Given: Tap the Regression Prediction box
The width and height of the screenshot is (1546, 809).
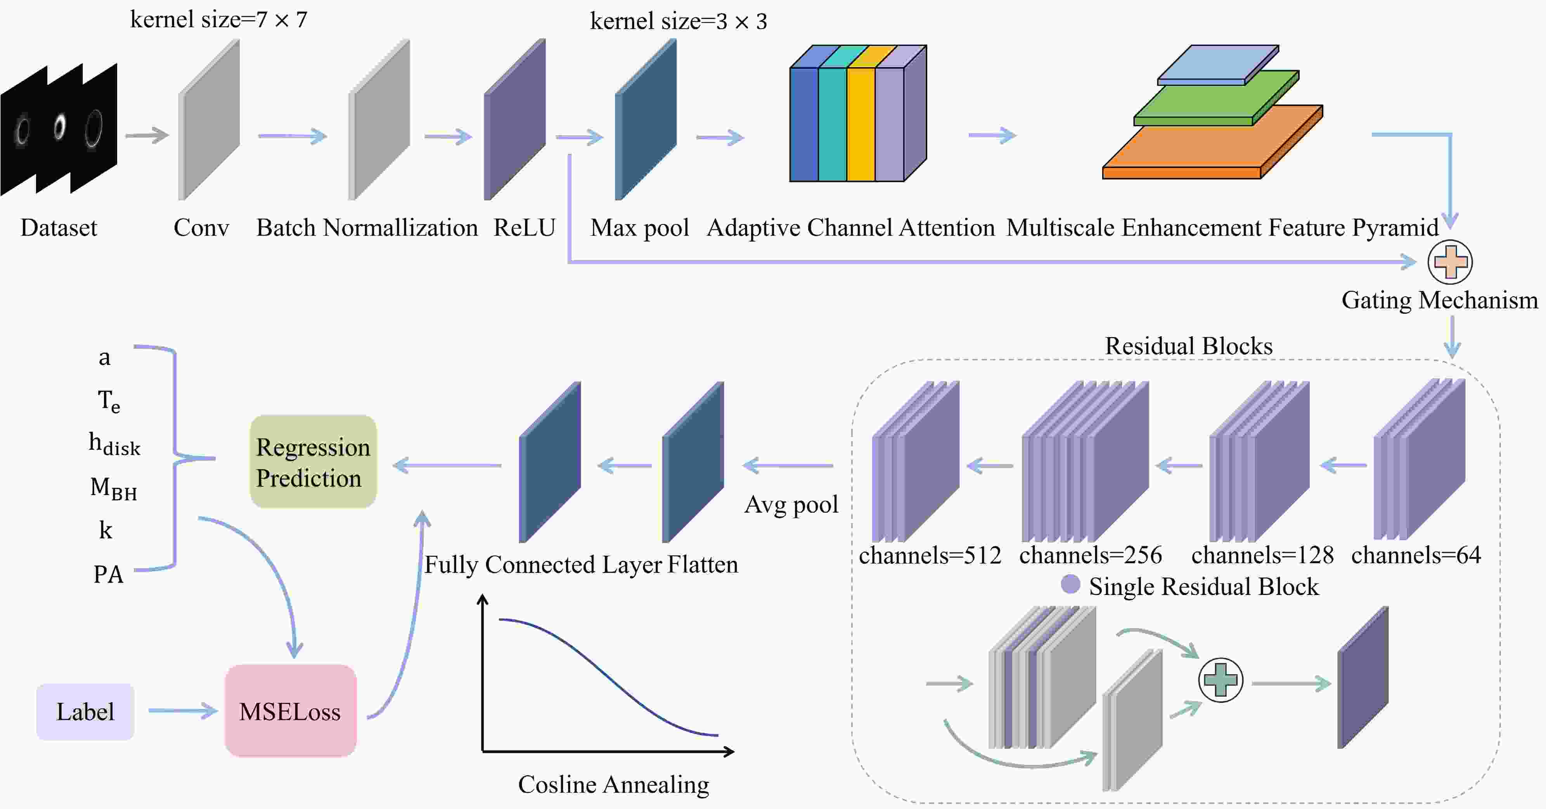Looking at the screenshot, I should [x=313, y=462].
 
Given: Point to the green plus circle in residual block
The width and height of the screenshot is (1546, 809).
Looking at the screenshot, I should [x=1220, y=680].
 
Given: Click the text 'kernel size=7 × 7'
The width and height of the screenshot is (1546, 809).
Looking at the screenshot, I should [x=218, y=20].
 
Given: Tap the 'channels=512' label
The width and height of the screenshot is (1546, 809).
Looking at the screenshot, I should [x=930, y=555].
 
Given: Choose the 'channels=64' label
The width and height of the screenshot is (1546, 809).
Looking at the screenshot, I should [x=1416, y=555].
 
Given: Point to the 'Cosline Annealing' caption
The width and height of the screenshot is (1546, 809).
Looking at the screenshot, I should [x=613, y=785].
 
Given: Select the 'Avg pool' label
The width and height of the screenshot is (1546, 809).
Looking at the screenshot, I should [x=791, y=505].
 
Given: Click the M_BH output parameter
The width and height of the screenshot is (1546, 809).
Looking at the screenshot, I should [x=113, y=488].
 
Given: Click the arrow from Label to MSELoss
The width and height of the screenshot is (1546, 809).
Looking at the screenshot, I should [x=182, y=711].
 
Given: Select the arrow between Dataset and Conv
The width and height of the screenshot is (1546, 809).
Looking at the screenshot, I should [x=147, y=135].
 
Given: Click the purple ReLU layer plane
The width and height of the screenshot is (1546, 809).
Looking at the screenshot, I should [x=515, y=120].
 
